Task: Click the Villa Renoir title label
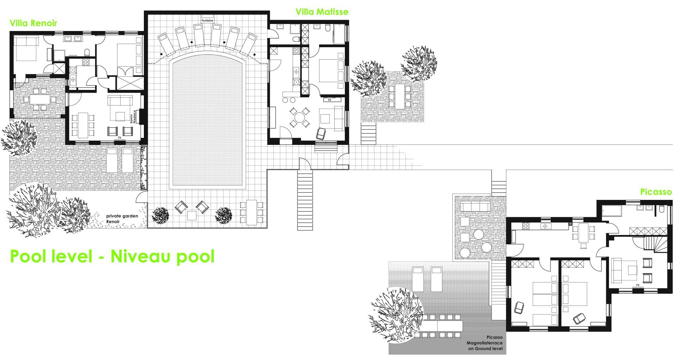(33, 23)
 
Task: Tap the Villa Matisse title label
(322, 12)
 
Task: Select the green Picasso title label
(656, 192)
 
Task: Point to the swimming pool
(207, 123)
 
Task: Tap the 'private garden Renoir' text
(122, 219)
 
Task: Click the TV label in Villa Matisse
(330, 100)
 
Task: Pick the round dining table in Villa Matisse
(299, 117)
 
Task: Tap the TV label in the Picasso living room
(638, 285)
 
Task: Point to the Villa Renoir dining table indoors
(83, 125)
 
